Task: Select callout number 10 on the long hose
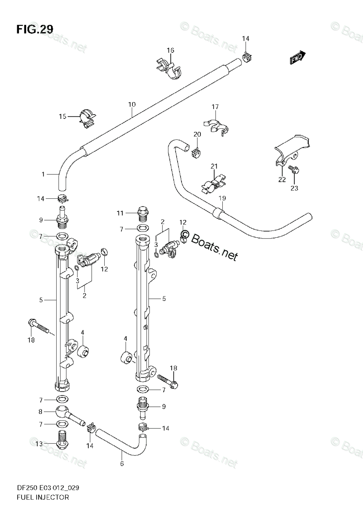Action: (132, 104)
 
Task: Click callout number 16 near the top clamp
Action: (170, 51)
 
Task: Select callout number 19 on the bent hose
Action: (222, 198)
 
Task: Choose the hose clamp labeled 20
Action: (197, 151)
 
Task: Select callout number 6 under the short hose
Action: (122, 463)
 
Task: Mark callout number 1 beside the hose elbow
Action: (43, 174)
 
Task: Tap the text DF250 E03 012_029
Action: (48, 488)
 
